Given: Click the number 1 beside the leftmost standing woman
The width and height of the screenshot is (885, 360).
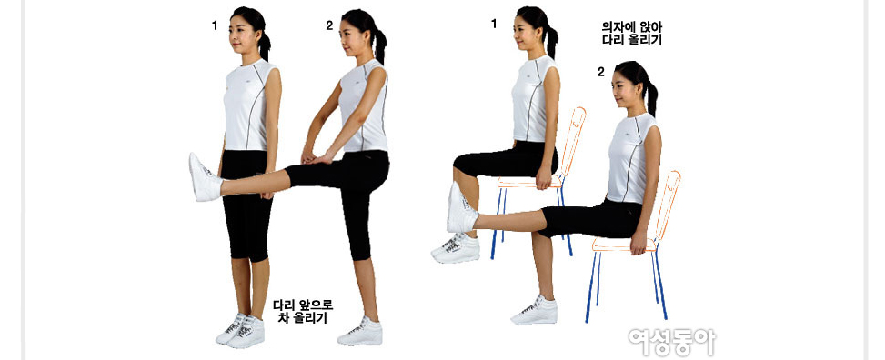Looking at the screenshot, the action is pos(215,25).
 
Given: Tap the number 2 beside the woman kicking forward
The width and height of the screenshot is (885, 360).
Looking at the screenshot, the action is pos(329,25).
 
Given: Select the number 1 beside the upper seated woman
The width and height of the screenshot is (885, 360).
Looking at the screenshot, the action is pos(494,24).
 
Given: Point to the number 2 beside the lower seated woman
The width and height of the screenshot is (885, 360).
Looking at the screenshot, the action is pos(601,72).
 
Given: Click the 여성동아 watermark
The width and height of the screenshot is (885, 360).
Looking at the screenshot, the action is pos(672,341).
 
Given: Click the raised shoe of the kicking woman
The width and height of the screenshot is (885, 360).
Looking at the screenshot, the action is pos(205,177).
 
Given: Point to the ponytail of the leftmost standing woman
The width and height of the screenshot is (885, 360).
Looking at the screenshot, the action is pos(264,44).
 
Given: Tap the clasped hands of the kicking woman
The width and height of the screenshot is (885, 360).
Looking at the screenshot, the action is pos(312,158).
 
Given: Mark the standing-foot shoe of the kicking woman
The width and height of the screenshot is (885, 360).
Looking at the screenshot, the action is pos(360,332).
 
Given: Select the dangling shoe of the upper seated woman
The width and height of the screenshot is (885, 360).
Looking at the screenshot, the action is pos(456,249).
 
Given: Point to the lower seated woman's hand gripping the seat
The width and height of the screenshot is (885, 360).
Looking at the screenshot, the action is pos(639,243).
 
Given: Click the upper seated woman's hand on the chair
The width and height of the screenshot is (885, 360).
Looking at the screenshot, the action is pos(544,178).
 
